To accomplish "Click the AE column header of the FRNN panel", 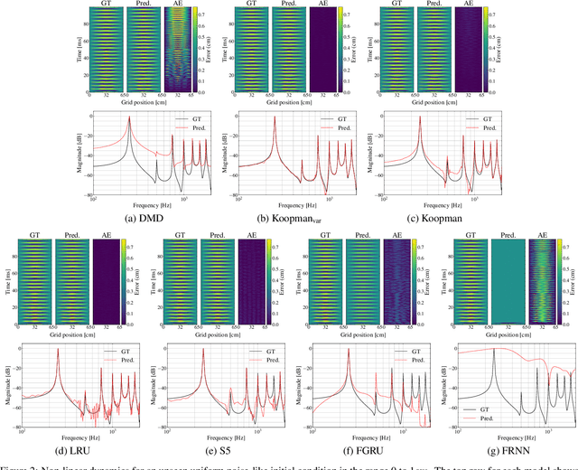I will (542, 235).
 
